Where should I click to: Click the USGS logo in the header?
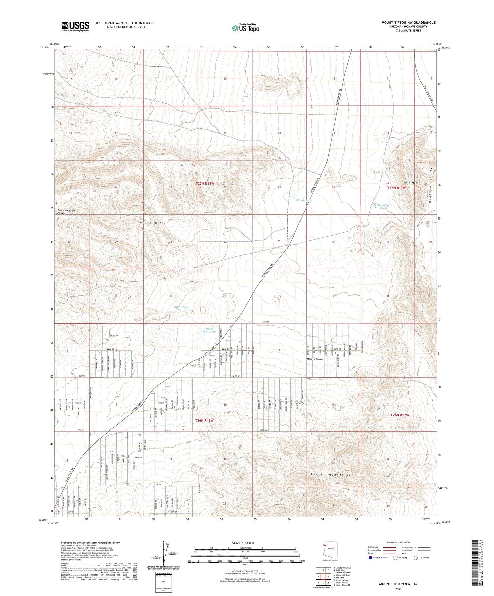pyautogui.click(x=75, y=26)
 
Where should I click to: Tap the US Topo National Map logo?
pyautogui.click(x=245, y=28)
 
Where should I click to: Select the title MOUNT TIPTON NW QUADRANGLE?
pyautogui.click(x=408, y=23)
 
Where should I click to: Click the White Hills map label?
pyautogui.click(x=152, y=223)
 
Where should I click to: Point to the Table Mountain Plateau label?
pyautogui.click(x=66, y=212)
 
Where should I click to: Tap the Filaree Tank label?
pyautogui.click(x=303, y=201)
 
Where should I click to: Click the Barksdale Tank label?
pyautogui.click(x=383, y=207)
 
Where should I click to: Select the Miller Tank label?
pyautogui.click(x=181, y=307)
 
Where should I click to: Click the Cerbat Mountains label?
pyautogui.click(x=331, y=475)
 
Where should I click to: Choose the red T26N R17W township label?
pyautogui.click(x=400, y=415)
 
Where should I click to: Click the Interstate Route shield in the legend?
pyautogui.click(x=371, y=558)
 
